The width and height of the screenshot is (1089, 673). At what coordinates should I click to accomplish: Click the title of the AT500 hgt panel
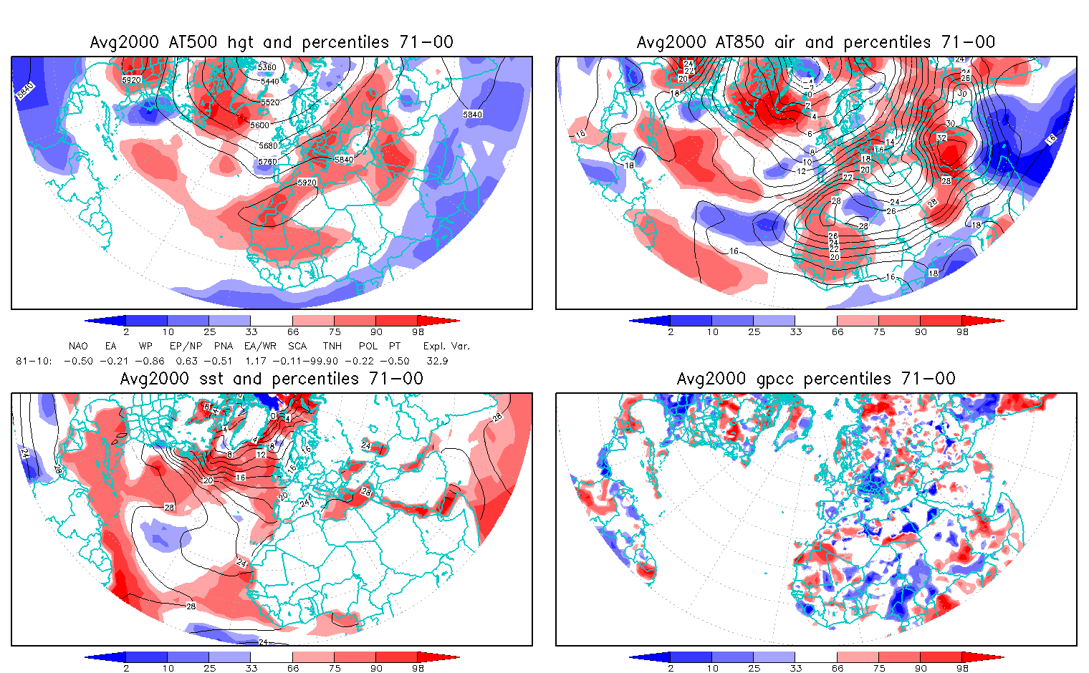click(272, 42)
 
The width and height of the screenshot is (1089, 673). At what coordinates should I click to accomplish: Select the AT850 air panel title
click(816, 42)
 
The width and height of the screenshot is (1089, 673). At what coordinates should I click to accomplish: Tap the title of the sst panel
click(272, 379)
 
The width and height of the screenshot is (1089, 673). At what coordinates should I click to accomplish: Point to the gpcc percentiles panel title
click(816, 379)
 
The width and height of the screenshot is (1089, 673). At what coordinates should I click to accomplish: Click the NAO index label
click(78, 346)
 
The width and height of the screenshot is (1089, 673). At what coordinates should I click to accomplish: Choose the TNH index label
click(332, 346)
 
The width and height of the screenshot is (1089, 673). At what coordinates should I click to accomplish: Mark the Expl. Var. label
click(446, 346)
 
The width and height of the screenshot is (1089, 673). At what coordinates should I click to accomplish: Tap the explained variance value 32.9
click(437, 361)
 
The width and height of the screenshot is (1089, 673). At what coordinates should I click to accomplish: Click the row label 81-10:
click(34, 361)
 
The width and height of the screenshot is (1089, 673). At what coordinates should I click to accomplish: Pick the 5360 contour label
click(267, 67)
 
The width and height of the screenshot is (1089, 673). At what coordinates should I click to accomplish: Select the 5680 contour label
click(268, 146)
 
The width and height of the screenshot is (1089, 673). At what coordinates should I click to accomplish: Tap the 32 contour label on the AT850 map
click(941, 137)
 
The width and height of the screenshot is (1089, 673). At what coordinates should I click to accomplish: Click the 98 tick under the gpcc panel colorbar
click(962, 668)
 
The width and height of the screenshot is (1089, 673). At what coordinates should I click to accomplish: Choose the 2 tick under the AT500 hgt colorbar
click(126, 331)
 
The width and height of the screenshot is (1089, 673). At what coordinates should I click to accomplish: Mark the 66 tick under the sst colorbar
click(293, 668)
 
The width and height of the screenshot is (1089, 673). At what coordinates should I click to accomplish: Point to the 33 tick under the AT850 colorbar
click(795, 331)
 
